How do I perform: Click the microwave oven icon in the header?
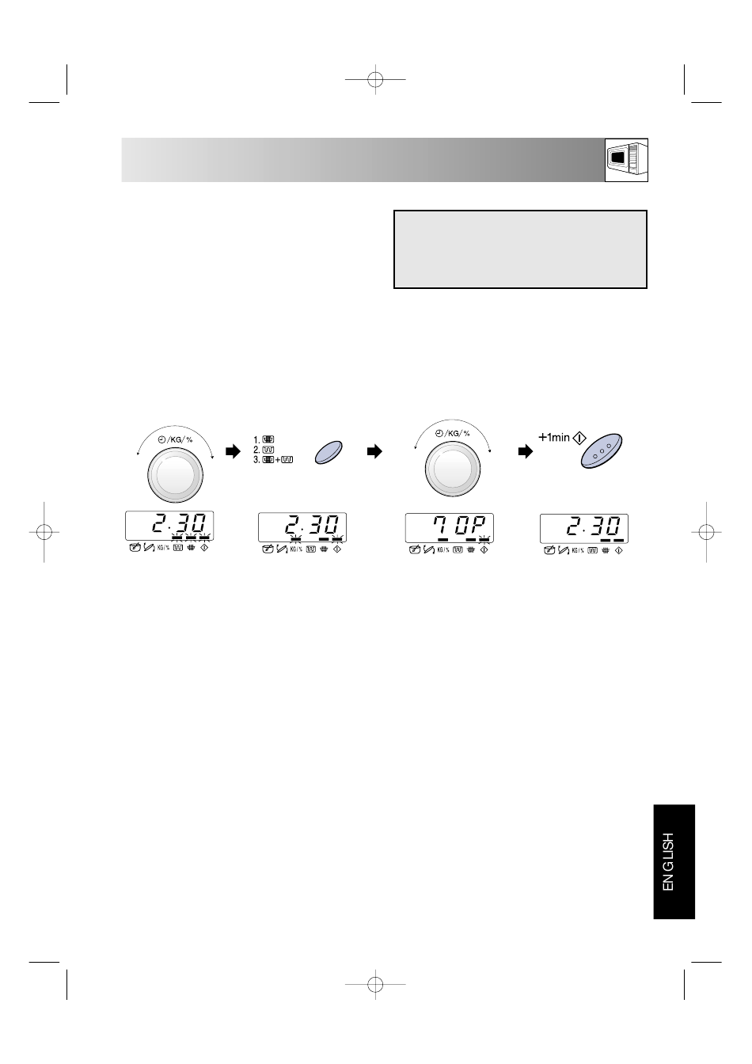point(626,160)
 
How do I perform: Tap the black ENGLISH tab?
point(674,862)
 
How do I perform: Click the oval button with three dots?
point(602,450)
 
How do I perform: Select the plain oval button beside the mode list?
point(329,452)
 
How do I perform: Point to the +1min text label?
point(554,437)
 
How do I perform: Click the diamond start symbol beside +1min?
point(579,438)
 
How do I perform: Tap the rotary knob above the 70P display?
point(452,469)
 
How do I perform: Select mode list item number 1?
point(264,439)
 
